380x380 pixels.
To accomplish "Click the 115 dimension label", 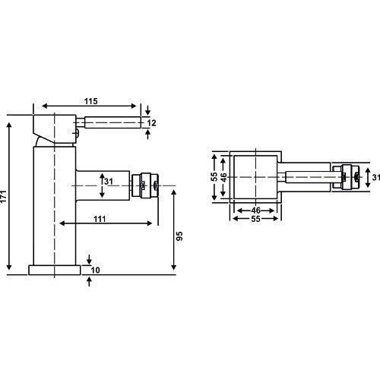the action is [91, 101].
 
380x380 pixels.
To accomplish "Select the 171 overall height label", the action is [3, 196].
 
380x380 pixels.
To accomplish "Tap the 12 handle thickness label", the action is [151, 123].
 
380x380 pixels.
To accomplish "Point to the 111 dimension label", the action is [100, 219].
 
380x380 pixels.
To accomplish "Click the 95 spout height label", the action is [179, 236].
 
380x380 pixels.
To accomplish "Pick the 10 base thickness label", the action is [95, 270].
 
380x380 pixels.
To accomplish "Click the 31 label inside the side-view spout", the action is [109, 182].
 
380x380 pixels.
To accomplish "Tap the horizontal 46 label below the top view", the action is [256, 211].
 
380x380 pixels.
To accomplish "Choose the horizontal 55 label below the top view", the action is [256, 219].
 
